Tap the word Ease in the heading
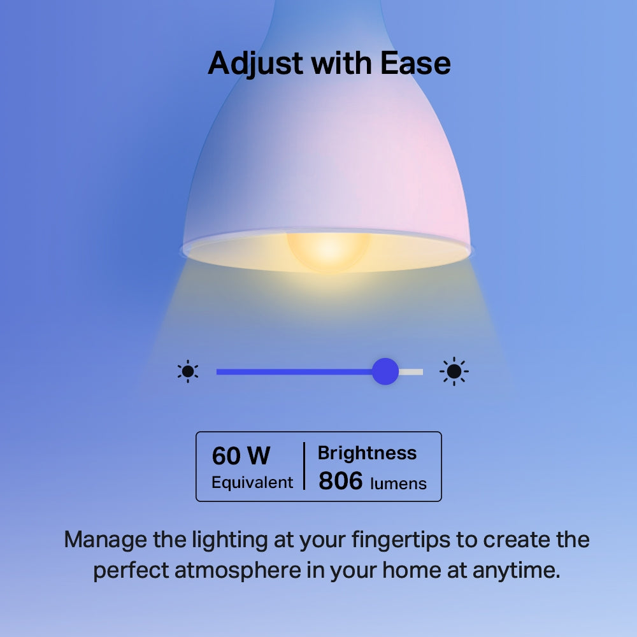(415, 63)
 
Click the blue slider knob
(385, 371)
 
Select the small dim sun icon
(188, 371)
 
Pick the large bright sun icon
(454, 371)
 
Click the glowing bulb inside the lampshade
(328, 249)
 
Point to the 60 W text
(241, 456)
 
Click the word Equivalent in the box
(252, 482)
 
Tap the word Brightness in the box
(367, 453)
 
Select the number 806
(340, 482)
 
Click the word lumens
(398, 483)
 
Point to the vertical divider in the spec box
(304, 466)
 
